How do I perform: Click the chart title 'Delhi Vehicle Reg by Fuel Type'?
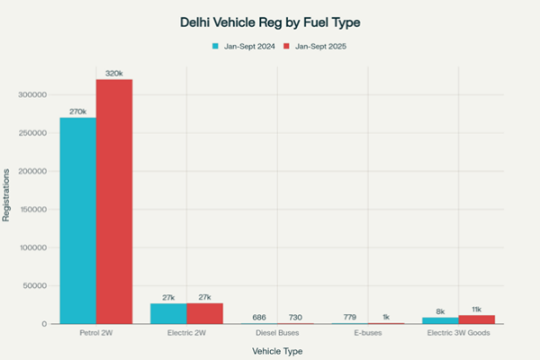pyautogui.click(x=270, y=21)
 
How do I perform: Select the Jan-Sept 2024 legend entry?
pyautogui.click(x=243, y=45)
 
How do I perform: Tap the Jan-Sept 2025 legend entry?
pyautogui.click(x=316, y=45)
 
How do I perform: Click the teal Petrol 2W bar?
pyautogui.click(x=77, y=220)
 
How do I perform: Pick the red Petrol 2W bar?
pyautogui.click(x=114, y=202)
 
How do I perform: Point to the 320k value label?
pyautogui.click(x=114, y=73)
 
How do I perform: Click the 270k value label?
pyautogui.click(x=77, y=112)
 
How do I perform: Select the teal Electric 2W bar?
pyautogui.click(x=168, y=313)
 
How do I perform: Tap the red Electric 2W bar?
pyautogui.click(x=205, y=313)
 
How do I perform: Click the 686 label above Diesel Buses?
pyautogui.click(x=259, y=317)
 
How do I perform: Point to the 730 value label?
pyautogui.click(x=296, y=317)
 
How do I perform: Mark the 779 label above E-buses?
pyautogui.click(x=350, y=317)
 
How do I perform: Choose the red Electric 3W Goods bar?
pyautogui.click(x=477, y=319)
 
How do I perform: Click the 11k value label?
pyautogui.click(x=477, y=309)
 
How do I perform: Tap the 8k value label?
pyautogui.click(x=440, y=311)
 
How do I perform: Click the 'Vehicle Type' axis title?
pyautogui.click(x=277, y=350)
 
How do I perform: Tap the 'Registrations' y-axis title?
pyautogui.click(x=7, y=194)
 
